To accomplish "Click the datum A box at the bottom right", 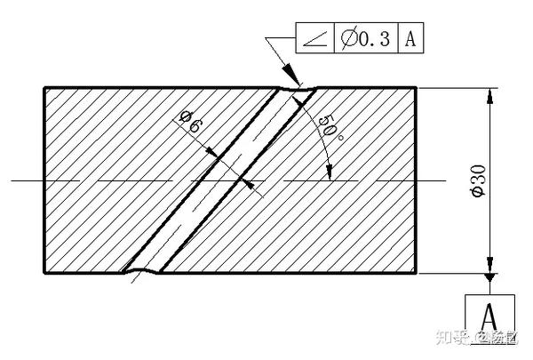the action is pos(488,315).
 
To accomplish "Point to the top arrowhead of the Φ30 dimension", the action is pos(488,94).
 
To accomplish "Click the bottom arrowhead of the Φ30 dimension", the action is pos(488,266).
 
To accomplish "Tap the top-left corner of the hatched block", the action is pos(44,87).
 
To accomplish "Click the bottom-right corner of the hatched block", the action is pos(417,273).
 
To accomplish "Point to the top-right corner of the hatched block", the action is pos(417,87).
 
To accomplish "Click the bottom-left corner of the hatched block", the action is pos(44,273).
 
